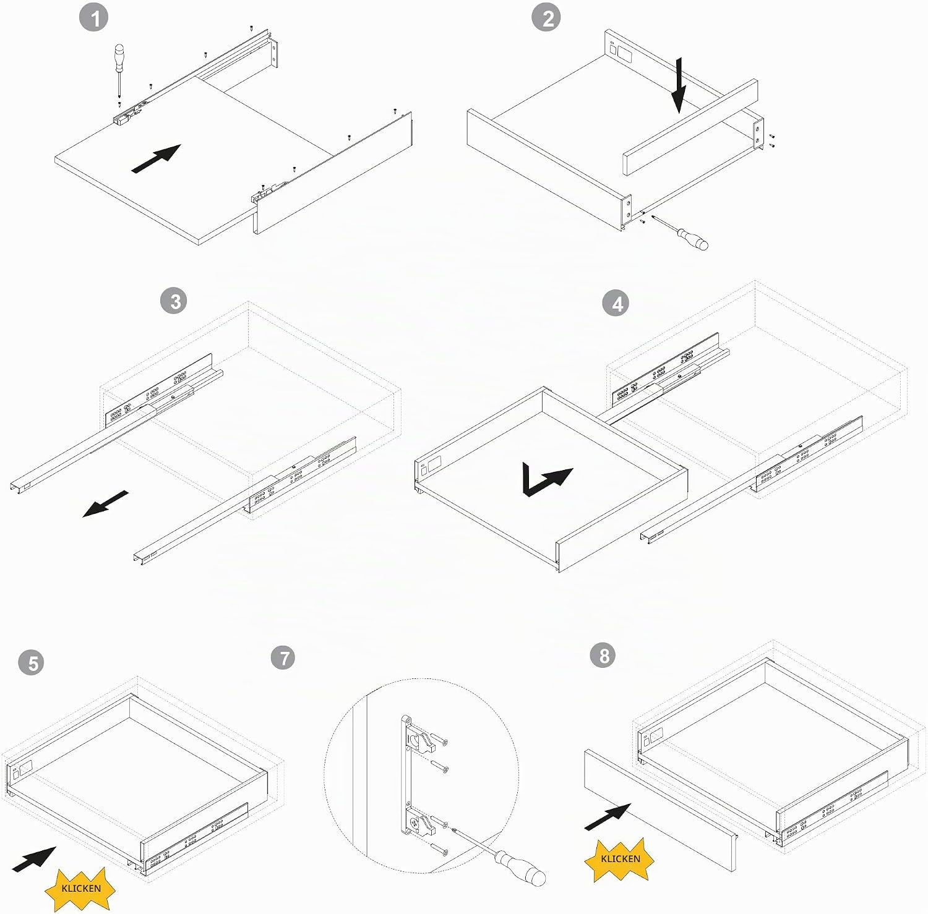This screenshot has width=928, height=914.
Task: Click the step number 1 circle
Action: click(x=95, y=19)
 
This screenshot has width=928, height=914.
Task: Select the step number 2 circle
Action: click(x=547, y=18)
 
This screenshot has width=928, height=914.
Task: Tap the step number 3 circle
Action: click(x=176, y=301)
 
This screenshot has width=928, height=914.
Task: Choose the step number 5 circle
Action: click(x=32, y=663)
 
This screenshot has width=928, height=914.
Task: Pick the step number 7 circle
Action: click(x=285, y=657)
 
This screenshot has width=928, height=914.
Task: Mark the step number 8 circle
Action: click(x=604, y=655)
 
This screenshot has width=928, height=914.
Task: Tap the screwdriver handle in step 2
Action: click(x=692, y=238)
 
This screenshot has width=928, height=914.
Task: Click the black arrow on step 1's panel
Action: click(x=156, y=159)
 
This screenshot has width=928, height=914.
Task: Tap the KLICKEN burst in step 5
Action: click(x=80, y=888)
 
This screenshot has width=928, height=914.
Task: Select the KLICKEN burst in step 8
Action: click(x=621, y=858)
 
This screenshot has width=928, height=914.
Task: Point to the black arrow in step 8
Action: click(x=608, y=817)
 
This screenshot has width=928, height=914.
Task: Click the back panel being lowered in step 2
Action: click(x=690, y=127)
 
